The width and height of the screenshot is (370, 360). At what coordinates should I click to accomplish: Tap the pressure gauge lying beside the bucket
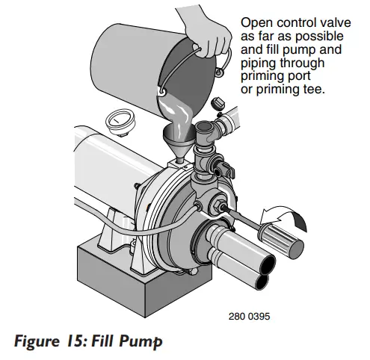click(x=122, y=119)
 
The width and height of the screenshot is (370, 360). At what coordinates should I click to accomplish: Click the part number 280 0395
click(x=249, y=316)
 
